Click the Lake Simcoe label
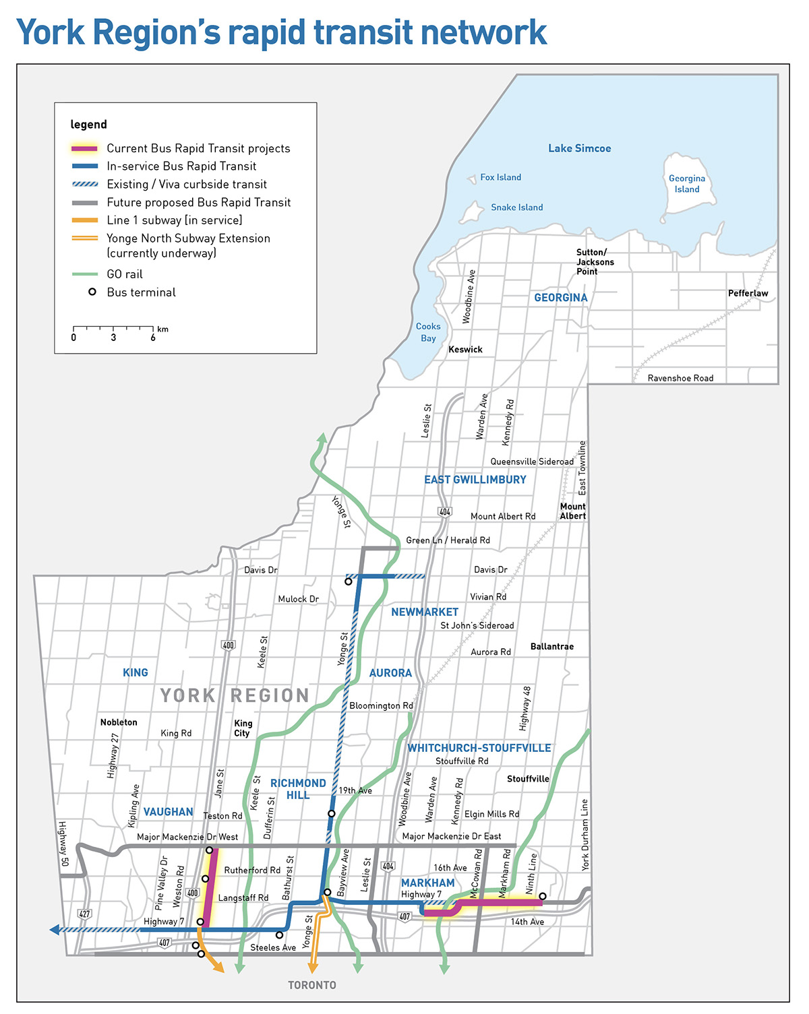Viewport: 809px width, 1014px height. coord(579,148)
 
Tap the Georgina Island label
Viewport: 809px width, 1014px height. coord(687,184)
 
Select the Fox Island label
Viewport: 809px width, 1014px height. coord(500,177)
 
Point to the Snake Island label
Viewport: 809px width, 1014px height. coord(516,208)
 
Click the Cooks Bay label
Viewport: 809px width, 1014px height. coord(428,332)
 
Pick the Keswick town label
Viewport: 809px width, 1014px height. coord(465,350)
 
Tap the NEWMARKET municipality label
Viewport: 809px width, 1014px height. coord(425,612)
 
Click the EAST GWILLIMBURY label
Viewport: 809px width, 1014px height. coord(475,480)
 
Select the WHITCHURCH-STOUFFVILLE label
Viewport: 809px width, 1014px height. coord(479,748)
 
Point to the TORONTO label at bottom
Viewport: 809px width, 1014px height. coord(312,985)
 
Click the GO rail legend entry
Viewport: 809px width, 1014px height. coord(125,274)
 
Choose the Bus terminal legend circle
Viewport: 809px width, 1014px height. coord(92,292)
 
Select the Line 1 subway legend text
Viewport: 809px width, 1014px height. coord(174,220)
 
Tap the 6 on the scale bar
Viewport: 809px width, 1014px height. coord(153,338)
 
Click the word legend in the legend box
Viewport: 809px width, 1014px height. coord(88,125)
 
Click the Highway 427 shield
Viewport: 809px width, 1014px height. coord(84,914)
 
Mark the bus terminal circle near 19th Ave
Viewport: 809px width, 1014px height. coord(331,814)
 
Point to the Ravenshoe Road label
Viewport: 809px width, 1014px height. coord(680,378)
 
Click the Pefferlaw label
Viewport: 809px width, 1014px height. coord(748,293)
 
